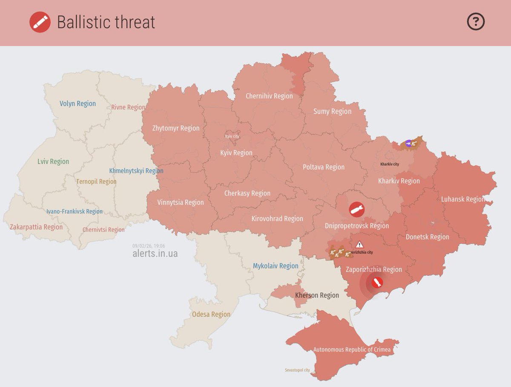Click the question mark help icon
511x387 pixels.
[x=476, y=22]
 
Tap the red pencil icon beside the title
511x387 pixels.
[x=40, y=22]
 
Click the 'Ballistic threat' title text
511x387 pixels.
[x=106, y=22]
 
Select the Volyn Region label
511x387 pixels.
[x=78, y=104]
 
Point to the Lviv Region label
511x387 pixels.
[x=53, y=162]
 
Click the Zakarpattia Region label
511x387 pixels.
[x=36, y=227]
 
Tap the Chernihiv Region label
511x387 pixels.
[x=269, y=96]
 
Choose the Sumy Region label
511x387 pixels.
[x=332, y=111]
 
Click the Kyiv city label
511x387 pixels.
[x=232, y=136]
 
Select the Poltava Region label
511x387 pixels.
[x=323, y=167]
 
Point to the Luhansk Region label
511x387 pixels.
[x=462, y=199]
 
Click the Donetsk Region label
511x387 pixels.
[x=427, y=237]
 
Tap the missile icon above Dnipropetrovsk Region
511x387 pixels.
[x=357, y=210]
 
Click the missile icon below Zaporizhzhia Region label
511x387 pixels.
[x=376, y=283]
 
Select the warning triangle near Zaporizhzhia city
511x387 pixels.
[x=359, y=245]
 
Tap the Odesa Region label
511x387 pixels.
[x=211, y=315]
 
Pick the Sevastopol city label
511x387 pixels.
[x=297, y=370]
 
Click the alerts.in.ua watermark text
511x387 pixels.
[x=155, y=254]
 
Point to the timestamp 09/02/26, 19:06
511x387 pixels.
[x=149, y=246]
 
